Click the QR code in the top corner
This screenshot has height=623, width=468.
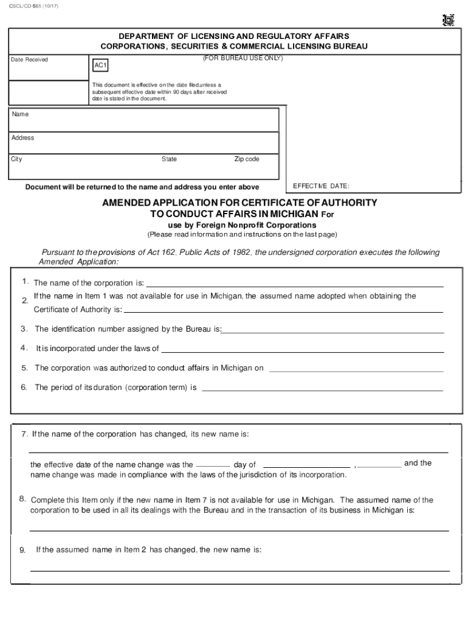pyautogui.click(x=449, y=20)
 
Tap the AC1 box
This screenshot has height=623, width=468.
pyautogui.click(x=101, y=65)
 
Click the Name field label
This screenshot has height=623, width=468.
pyautogui.click(x=20, y=114)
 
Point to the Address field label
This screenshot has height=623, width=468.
pyautogui.click(x=23, y=137)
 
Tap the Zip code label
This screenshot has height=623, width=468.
pyautogui.click(x=247, y=159)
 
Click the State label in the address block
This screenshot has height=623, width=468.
pyautogui.click(x=169, y=159)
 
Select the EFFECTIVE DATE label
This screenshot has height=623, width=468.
pyautogui.click(x=321, y=186)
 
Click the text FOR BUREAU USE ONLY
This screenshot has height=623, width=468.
pyautogui.click(x=243, y=58)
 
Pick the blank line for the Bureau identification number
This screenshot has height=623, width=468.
pyautogui.click(x=332, y=332)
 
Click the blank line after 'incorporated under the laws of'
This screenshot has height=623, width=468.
pyautogui.click(x=302, y=351)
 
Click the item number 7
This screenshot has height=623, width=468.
pyautogui.click(x=24, y=434)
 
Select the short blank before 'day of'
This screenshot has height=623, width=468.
pyautogui.click(x=213, y=465)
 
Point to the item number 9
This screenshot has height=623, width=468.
pyautogui.click(x=22, y=550)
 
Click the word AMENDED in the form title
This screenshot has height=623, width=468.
pyautogui.click(x=128, y=203)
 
